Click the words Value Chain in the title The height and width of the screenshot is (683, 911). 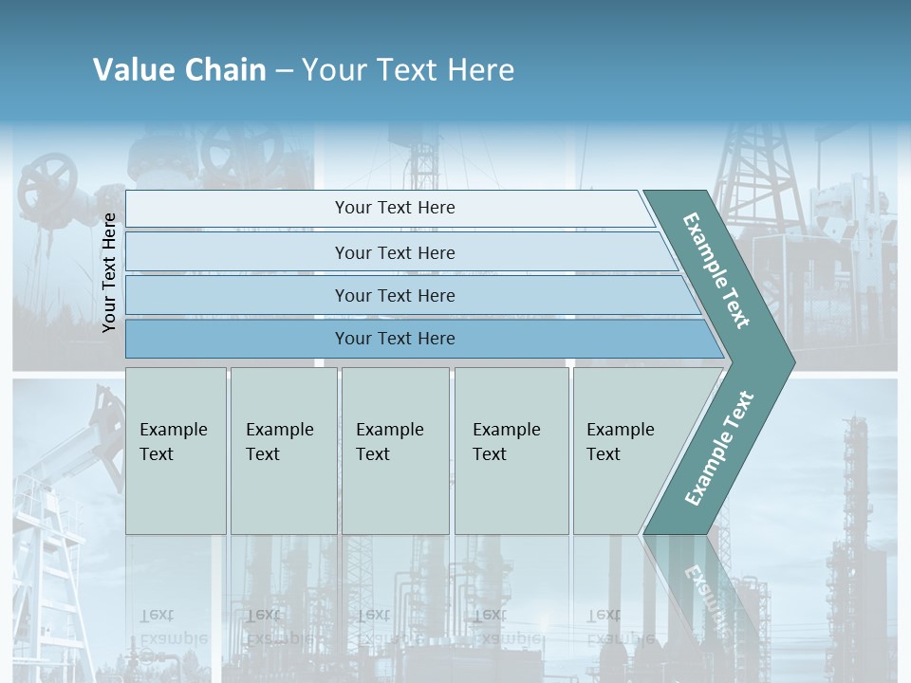(x=179, y=69)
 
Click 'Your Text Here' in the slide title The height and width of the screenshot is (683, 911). (x=408, y=69)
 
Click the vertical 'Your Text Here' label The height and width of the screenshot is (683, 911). (x=109, y=272)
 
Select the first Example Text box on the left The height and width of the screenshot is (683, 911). (x=176, y=451)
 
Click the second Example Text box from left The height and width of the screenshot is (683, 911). (x=283, y=451)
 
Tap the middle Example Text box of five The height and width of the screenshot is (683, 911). (x=395, y=451)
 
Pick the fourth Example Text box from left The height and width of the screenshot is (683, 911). (x=511, y=451)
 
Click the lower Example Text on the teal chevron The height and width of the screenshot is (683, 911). (x=718, y=449)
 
